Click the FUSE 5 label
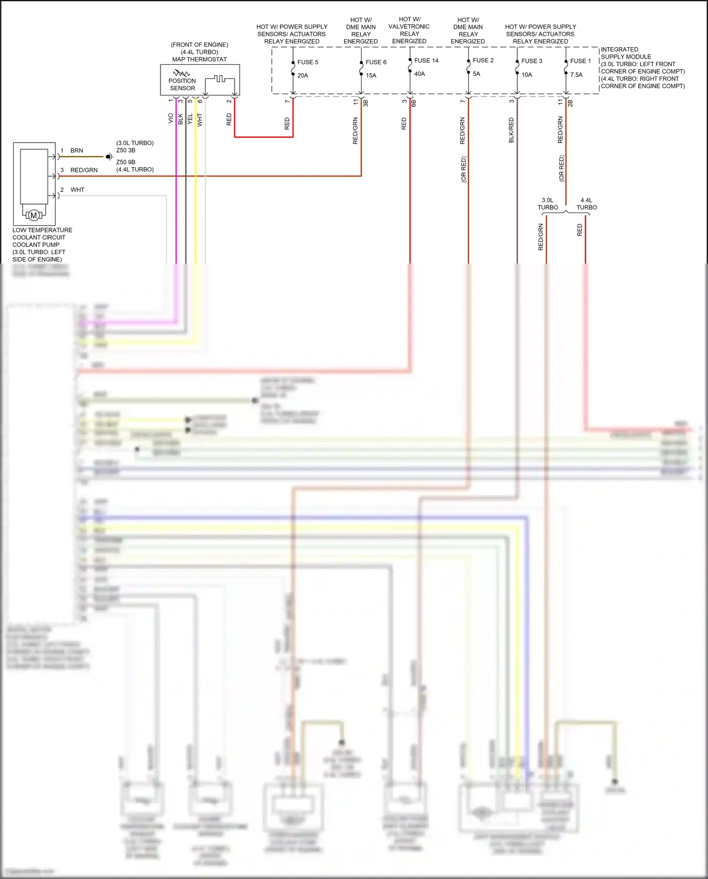[x=307, y=62]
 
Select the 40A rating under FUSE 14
[x=419, y=74]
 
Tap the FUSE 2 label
[x=483, y=60]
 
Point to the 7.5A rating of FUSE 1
[x=576, y=75]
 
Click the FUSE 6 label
[x=376, y=62]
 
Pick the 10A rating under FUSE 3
[x=526, y=75]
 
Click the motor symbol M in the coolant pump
[x=34, y=215]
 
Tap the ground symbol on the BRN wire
[x=109, y=156]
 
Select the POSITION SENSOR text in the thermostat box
[x=182, y=84]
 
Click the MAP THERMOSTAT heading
[x=199, y=59]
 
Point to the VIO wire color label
[x=171, y=118]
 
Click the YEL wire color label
[x=190, y=119]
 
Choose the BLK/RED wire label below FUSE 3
[x=511, y=130]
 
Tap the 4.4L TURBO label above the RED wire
[x=586, y=204]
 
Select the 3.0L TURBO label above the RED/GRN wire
[x=548, y=204]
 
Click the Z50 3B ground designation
[x=126, y=150]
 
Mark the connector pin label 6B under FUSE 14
[x=413, y=102]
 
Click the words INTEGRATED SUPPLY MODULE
[x=625, y=53]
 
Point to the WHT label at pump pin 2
[x=77, y=190]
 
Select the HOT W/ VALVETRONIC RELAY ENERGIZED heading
[x=409, y=30]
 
